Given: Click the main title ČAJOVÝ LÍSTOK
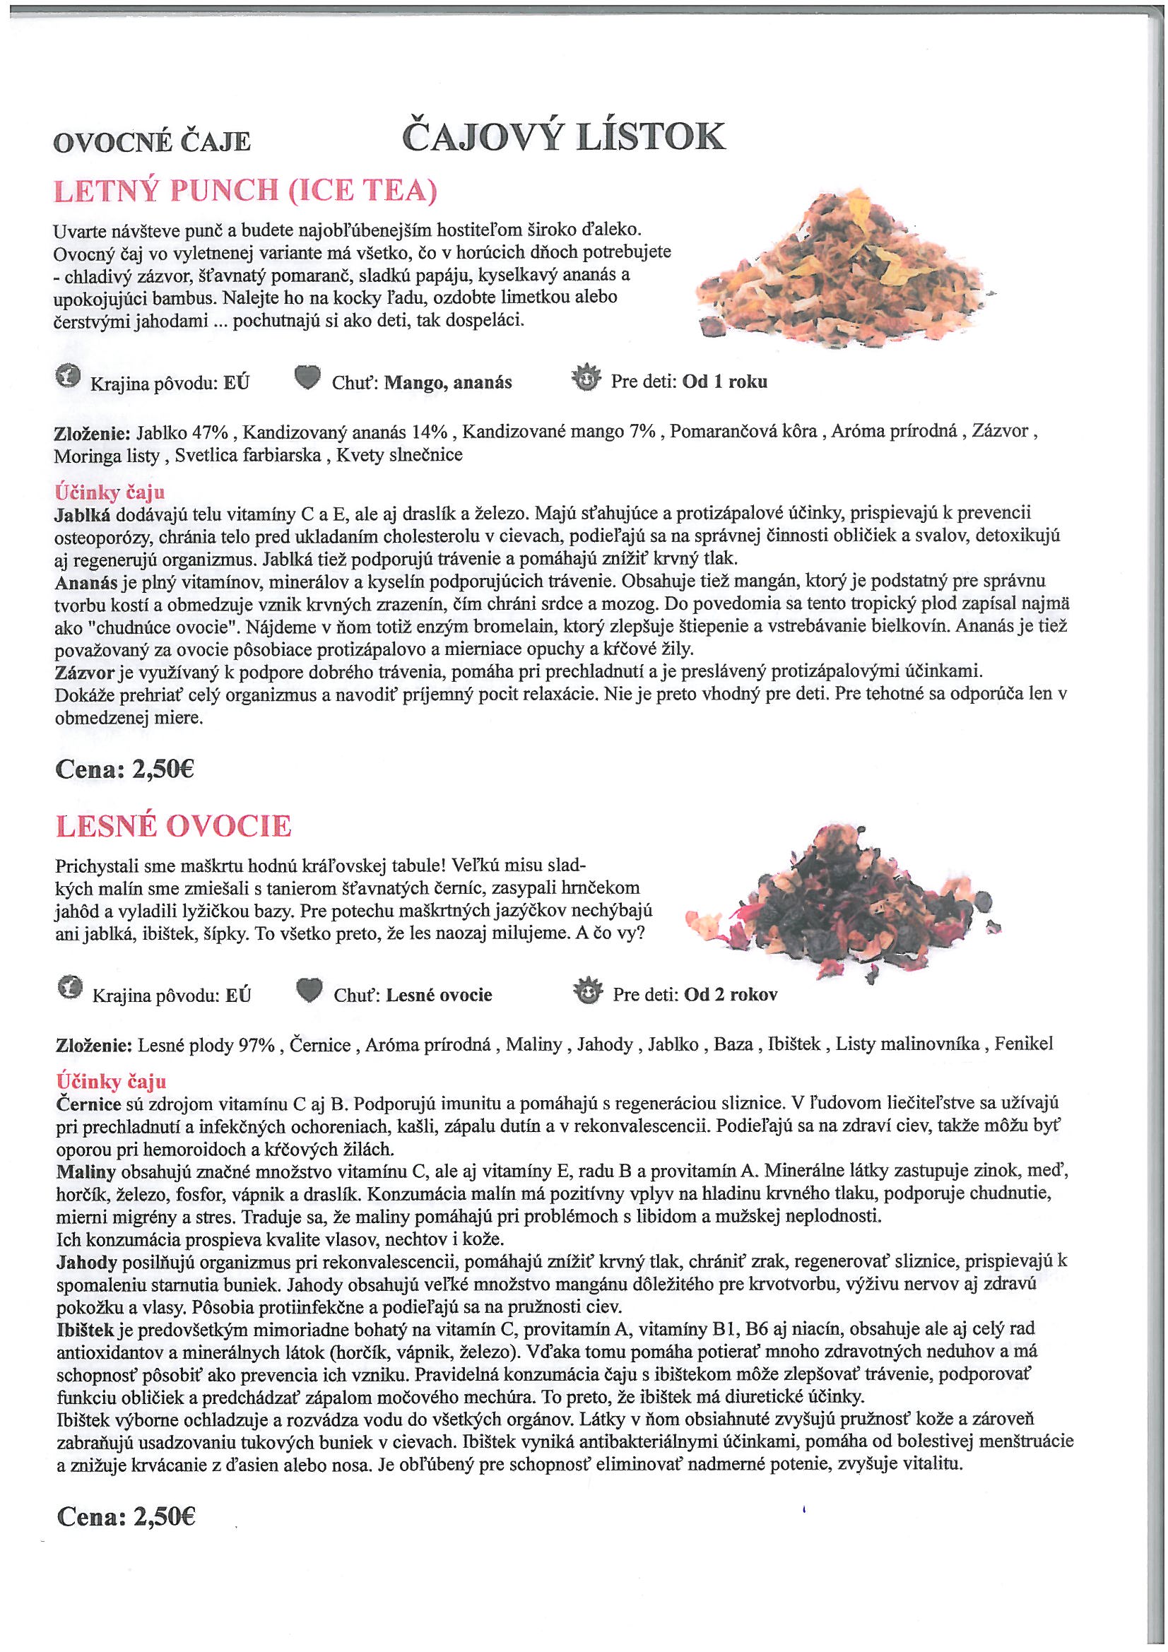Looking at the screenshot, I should (x=562, y=136).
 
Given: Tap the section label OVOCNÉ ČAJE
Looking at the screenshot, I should (x=152, y=142).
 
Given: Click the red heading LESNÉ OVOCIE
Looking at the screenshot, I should (x=173, y=826).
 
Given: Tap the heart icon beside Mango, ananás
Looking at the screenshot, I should (x=307, y=378).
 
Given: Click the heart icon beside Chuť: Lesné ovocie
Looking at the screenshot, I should (x=309, y=992).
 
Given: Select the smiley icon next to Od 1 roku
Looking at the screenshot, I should (x=584, y=377).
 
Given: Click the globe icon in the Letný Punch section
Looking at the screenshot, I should (x=68, y=377).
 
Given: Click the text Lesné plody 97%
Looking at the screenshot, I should (x=206, y=1045).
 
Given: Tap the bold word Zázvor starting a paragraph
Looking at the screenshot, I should (x=83, y=672).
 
